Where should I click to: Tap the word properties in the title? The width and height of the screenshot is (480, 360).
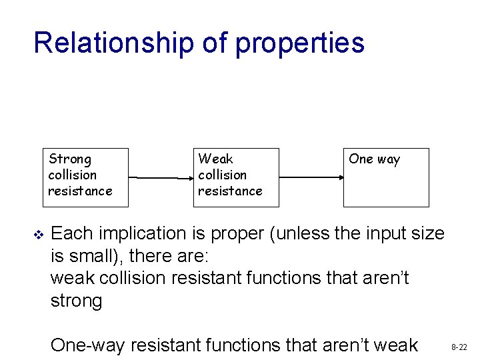pos(300,43)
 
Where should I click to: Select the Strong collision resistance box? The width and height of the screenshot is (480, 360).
pos(85,177)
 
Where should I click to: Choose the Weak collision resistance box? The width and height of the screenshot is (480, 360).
pos(236,177)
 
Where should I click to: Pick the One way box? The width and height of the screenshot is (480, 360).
pos(386,177)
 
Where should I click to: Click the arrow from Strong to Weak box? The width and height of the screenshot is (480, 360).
pos(161,177)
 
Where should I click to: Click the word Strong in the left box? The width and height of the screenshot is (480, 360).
pos(70,159)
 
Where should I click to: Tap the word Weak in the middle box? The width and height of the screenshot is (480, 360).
pos(215,159)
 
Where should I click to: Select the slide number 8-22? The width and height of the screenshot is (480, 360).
pos(459,347)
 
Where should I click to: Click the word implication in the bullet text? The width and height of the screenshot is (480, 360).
pos(143,234)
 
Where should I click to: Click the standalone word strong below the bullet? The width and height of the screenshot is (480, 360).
pos(76,301)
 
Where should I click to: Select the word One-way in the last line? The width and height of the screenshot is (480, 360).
pos(88,345)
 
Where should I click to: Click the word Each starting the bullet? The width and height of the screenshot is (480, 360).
pos(69,234)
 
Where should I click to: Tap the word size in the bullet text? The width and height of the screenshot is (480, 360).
pos(427,234)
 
